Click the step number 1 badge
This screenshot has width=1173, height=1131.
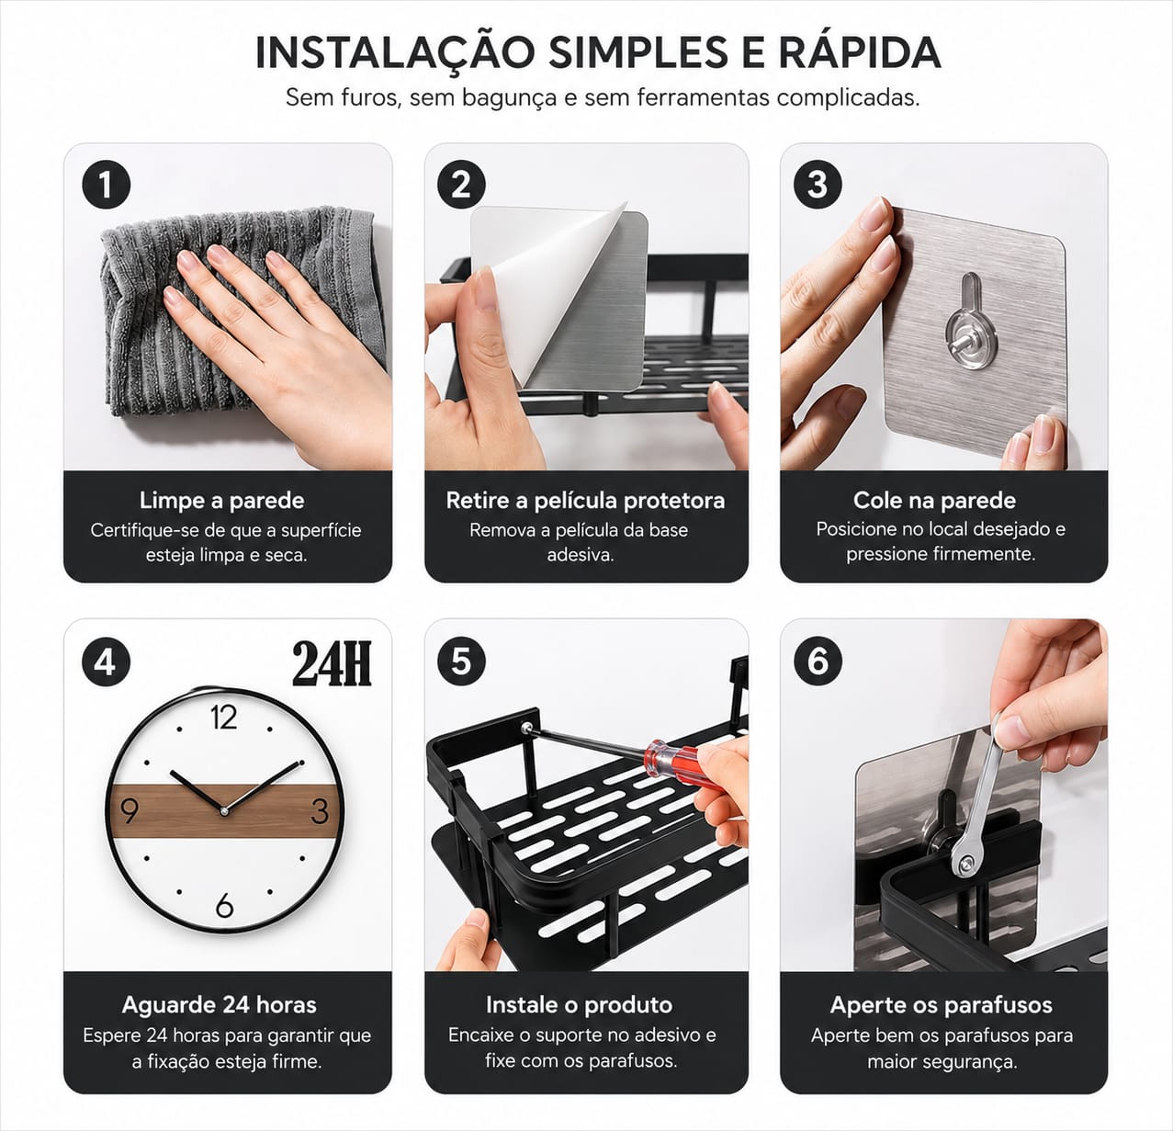tap(106, 185)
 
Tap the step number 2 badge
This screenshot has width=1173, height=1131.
tap(461, 185)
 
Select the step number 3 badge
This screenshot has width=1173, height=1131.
tap(818, 185)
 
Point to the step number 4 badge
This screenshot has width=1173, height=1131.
tap(106, 662)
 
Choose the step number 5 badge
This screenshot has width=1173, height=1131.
tap(461, 662)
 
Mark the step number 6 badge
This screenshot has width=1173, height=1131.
tap(818, 662)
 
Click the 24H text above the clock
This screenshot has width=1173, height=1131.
tap(333, 663)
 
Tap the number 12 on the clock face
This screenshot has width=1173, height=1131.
tap(223, 718)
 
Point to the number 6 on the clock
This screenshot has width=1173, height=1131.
tap(224, 905)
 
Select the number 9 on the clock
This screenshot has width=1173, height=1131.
tap(130, 811)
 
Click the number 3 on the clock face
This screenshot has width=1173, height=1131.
tap(320, 811)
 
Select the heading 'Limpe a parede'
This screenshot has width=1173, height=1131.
tap(221, 501)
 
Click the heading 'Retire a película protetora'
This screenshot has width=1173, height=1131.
tap(585, 501)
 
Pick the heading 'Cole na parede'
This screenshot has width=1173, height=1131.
tap(934, 501)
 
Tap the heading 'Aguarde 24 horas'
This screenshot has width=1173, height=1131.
tap(219, 1005)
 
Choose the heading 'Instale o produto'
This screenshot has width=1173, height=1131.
tap(579, 1005)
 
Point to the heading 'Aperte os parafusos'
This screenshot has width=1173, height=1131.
tap(941, 1005)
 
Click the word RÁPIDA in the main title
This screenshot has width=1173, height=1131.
tap(860, 52)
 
